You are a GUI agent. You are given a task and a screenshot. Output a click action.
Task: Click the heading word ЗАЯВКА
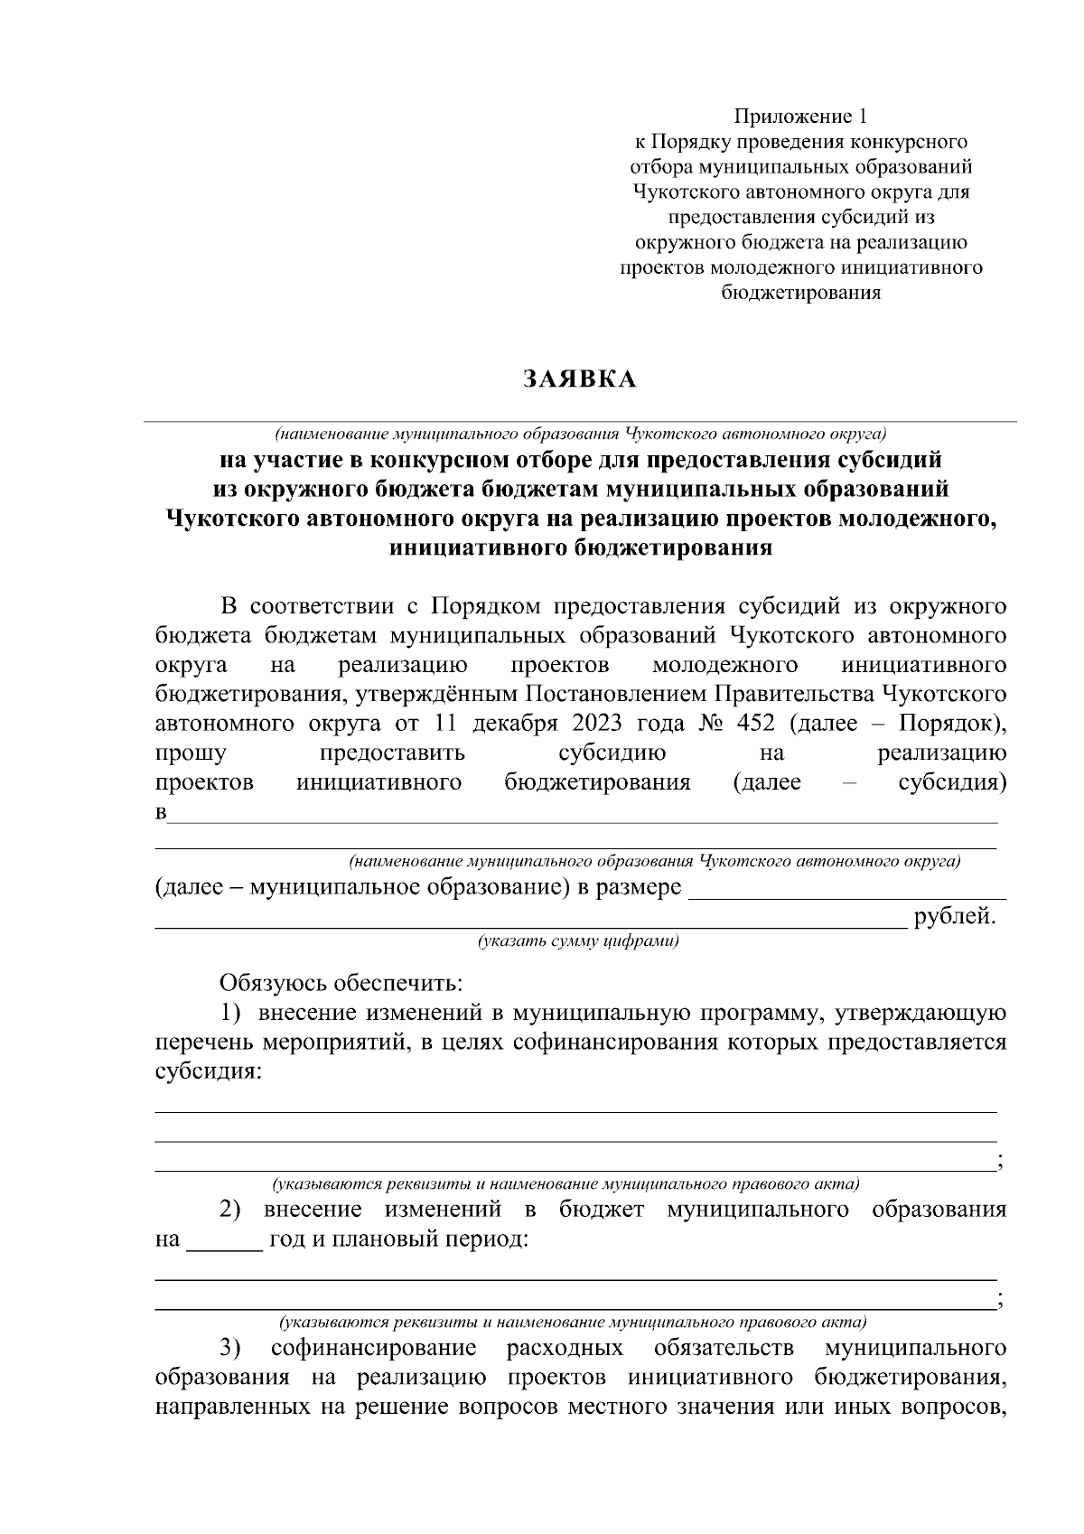point(580,379)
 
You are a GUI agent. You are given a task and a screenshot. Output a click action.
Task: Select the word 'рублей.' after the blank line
point(955,917)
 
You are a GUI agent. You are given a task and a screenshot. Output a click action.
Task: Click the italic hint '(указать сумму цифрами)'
point(578,941)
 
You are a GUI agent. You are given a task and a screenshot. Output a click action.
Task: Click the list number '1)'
point(233,1013)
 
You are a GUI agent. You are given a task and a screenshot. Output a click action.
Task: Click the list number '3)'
point(231,1349)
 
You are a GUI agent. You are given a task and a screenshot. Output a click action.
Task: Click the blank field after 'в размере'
point(847,890)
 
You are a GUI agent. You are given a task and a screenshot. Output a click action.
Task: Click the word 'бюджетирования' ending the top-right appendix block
point(800,293)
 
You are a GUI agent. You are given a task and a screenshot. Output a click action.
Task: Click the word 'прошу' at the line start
point(191,753)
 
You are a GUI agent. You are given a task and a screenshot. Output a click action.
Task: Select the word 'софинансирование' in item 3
point(373,1349)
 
